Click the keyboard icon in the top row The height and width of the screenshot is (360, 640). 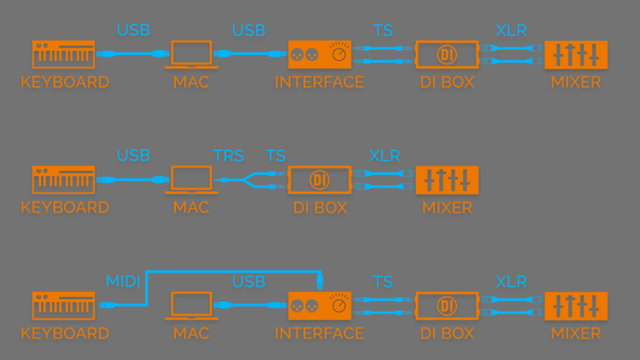pyautogui.click(x=63, y=55)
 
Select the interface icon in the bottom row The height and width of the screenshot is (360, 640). pyautogui.click(x=319, y=306)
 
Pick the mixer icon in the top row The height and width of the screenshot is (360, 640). pyautogui.click(x=576, y=55)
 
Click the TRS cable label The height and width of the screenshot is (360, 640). pyautogui.click(x=228, y=156)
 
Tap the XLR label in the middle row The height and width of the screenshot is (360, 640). pyautogui.click(x=384, y=156)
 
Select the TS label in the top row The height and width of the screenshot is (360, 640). pyautogui.click(x=382, y=31)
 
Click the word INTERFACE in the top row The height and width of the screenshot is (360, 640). pyautogui.click(x=319, y=82)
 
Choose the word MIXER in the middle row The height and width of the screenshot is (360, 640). pyautogui.click(x=447, y=207)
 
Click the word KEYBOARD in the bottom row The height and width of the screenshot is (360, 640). pyautogui.click(x=64, y=333)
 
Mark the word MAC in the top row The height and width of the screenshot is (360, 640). pyautogui.click(x=191, y=82)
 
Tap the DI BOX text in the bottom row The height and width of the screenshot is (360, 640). pyautogui.click(x=447, y=333)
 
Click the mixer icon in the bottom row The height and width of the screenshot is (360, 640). pyautogui.click(x=576, y=306)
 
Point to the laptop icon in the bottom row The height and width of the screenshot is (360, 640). pyautogui.click(x=191, y=306)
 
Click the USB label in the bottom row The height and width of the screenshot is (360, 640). pyautogui.click(x=248, y=282)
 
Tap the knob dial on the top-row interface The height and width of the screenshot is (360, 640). pyautogui.click(x=338, y=55)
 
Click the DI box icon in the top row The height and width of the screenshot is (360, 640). pyautogui.click(x=447, y=55)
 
